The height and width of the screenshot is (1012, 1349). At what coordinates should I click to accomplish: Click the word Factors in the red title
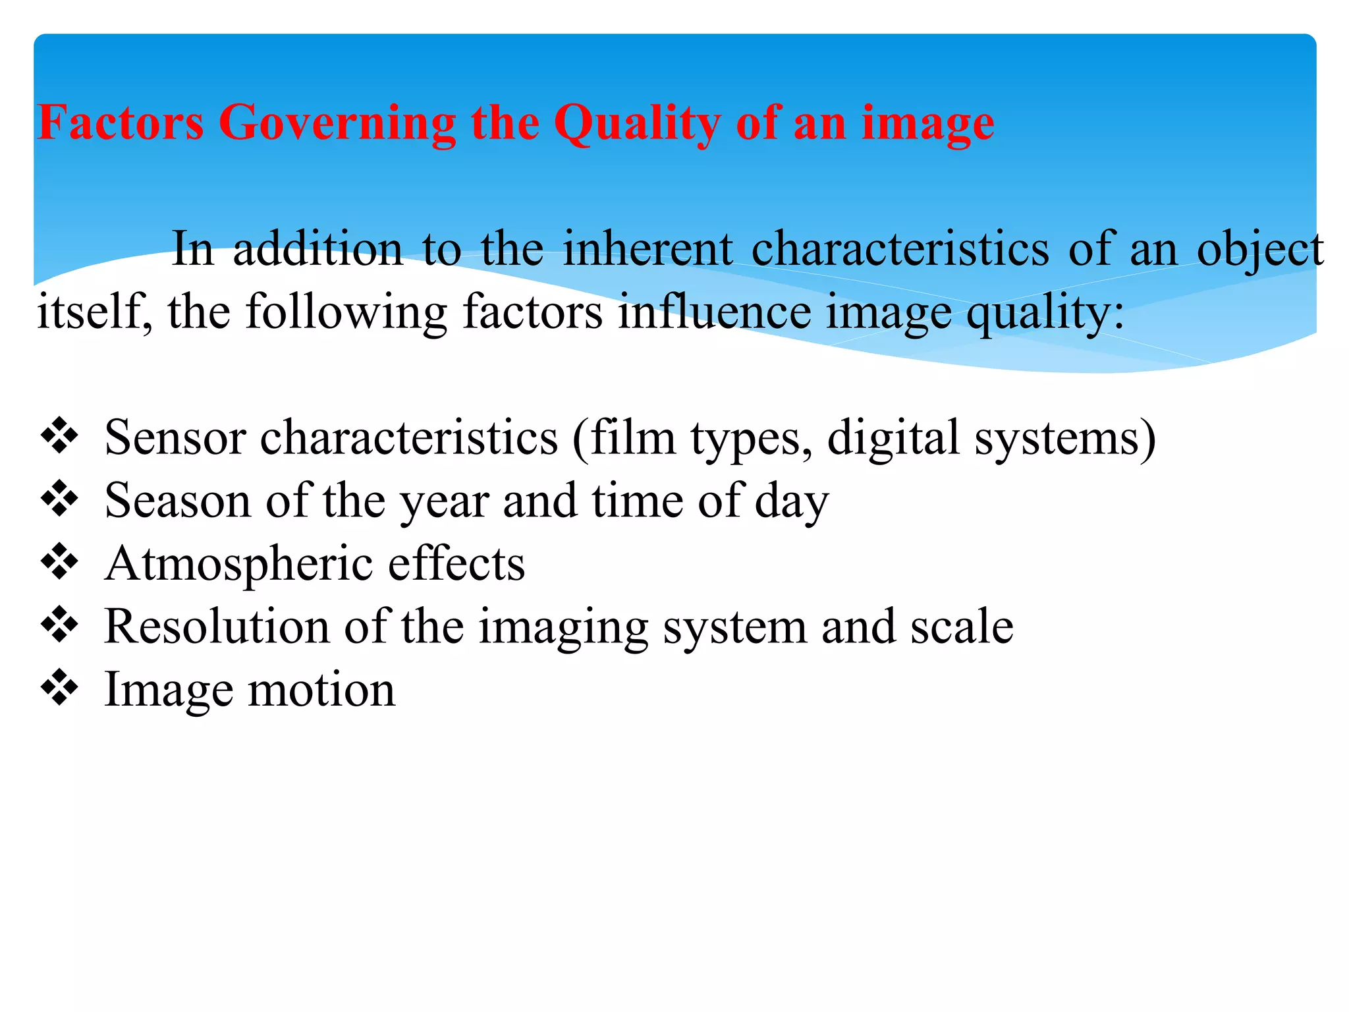pyautogui.click(x=121, y=123)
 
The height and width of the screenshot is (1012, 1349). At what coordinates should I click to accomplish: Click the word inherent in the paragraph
pyautogui.click(x=647, y=248)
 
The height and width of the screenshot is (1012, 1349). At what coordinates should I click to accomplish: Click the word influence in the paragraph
pyautogui.click(x=715, y=311)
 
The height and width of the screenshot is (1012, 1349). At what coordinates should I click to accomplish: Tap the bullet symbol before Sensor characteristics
pyautogui.click(x=59, y=436)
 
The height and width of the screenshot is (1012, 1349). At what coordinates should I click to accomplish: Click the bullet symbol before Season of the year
pyautogui.click(x=59, y=499)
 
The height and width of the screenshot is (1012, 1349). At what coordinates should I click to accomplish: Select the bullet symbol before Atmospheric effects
pyautogui.click(x=59, y=561)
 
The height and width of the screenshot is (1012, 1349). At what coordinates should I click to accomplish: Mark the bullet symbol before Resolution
pyautogui.click(x=59, y=625)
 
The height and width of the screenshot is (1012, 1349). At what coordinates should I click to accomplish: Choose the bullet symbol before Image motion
pyautogui.click(x=59, y=687)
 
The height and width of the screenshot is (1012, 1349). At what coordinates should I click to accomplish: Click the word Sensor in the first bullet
pyautogui.click(x=175, y=437)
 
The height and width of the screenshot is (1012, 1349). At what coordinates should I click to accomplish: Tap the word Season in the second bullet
pyautogui.click(x=178, y=501)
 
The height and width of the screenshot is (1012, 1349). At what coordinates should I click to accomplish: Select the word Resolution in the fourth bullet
pyautogui.click(x=217, y=627)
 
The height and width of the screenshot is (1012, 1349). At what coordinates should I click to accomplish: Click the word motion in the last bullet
pyautogui.click(x=321, y=690)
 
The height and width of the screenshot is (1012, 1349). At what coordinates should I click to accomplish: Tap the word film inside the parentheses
pyautogui.click(x=633, y=437)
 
